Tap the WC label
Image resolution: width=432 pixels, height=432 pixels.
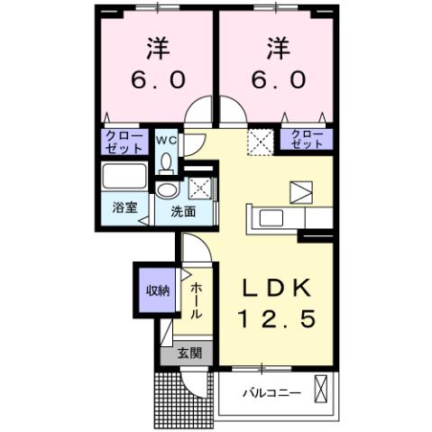tap(166, 141)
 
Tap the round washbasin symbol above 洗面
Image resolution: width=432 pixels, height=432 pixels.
tap(167, 190)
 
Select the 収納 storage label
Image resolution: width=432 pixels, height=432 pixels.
tap(157, 290)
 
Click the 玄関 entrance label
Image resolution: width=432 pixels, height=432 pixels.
tap(187, 353)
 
